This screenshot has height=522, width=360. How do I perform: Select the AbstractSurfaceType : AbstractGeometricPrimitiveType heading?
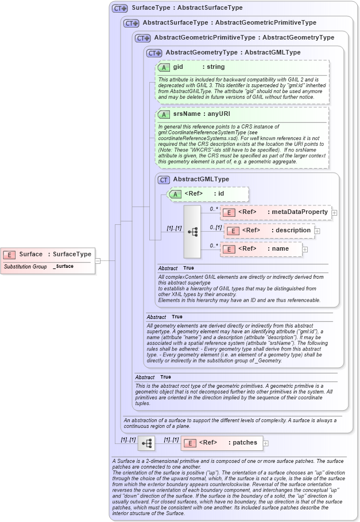(x=229, y=23)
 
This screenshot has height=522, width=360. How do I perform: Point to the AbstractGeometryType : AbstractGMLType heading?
(x=233, y=53)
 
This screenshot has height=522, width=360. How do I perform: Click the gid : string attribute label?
(x=199, y=67)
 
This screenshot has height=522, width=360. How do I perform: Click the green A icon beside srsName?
(x=164, y=114)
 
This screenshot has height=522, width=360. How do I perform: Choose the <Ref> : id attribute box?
(x=208, y=194)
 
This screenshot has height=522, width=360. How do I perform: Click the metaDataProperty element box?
(x=276, y=212)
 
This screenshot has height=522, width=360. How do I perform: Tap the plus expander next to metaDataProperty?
(x=334, y=213)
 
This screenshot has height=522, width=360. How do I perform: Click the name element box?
(x=261, y=249)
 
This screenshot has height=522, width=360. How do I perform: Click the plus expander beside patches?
(x=265, y=443)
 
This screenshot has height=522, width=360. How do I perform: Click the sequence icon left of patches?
(x=148, y=443)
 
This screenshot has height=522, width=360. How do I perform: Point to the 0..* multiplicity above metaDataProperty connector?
(x=213, y=209)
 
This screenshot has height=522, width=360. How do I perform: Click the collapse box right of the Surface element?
(x=98, y=260)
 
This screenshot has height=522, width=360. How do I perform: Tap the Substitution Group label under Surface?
(x=25, y=267)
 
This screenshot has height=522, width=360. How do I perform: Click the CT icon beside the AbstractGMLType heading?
(x=164, y=180)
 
